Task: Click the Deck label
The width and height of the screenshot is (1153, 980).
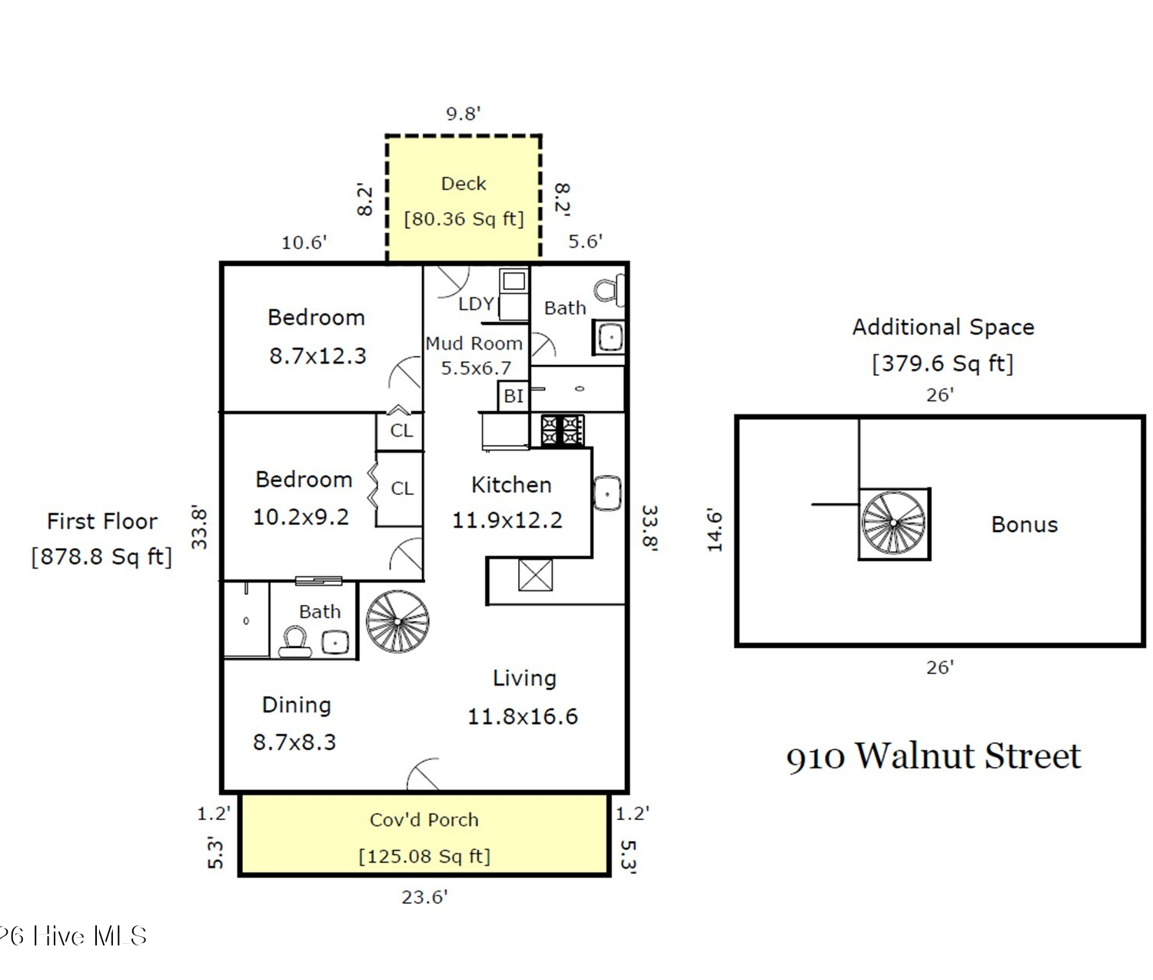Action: (x=464, y=184)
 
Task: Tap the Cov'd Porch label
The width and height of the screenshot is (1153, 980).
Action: (x=424, y=819)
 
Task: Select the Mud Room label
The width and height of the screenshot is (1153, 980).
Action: (x=473, y=343)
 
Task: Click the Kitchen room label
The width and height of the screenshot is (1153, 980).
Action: (x=511, y=485)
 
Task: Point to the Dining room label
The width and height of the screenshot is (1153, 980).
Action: (x=296, y=705)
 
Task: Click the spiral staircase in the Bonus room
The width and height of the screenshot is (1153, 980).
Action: (x=894, y=523)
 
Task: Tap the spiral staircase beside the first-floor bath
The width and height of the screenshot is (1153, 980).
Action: (x=397, y=621)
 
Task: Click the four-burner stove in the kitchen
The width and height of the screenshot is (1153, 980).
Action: (x=562, y=430)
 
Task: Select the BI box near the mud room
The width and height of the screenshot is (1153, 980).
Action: (x=513, y=396)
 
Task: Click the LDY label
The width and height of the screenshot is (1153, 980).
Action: (x=476, y=304)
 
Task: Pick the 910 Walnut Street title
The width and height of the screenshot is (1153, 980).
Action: (x=933, y=756)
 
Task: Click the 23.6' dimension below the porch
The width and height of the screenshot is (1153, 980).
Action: (x=424, y=897)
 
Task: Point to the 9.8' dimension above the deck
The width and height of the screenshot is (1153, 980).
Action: (x=463, y=114)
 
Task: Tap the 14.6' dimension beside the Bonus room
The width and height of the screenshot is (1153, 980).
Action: (x=715, y=530)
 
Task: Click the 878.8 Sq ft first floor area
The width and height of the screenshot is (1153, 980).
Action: (x=101, y=556)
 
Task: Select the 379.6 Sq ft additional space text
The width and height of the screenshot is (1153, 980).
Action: (x=942, y=364)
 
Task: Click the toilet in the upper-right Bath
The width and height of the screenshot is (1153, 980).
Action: (x=609, y=290)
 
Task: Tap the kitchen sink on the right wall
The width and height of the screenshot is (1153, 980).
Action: (x=607, y=493)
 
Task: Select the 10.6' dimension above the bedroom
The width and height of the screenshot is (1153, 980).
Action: (x=304, y=243)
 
